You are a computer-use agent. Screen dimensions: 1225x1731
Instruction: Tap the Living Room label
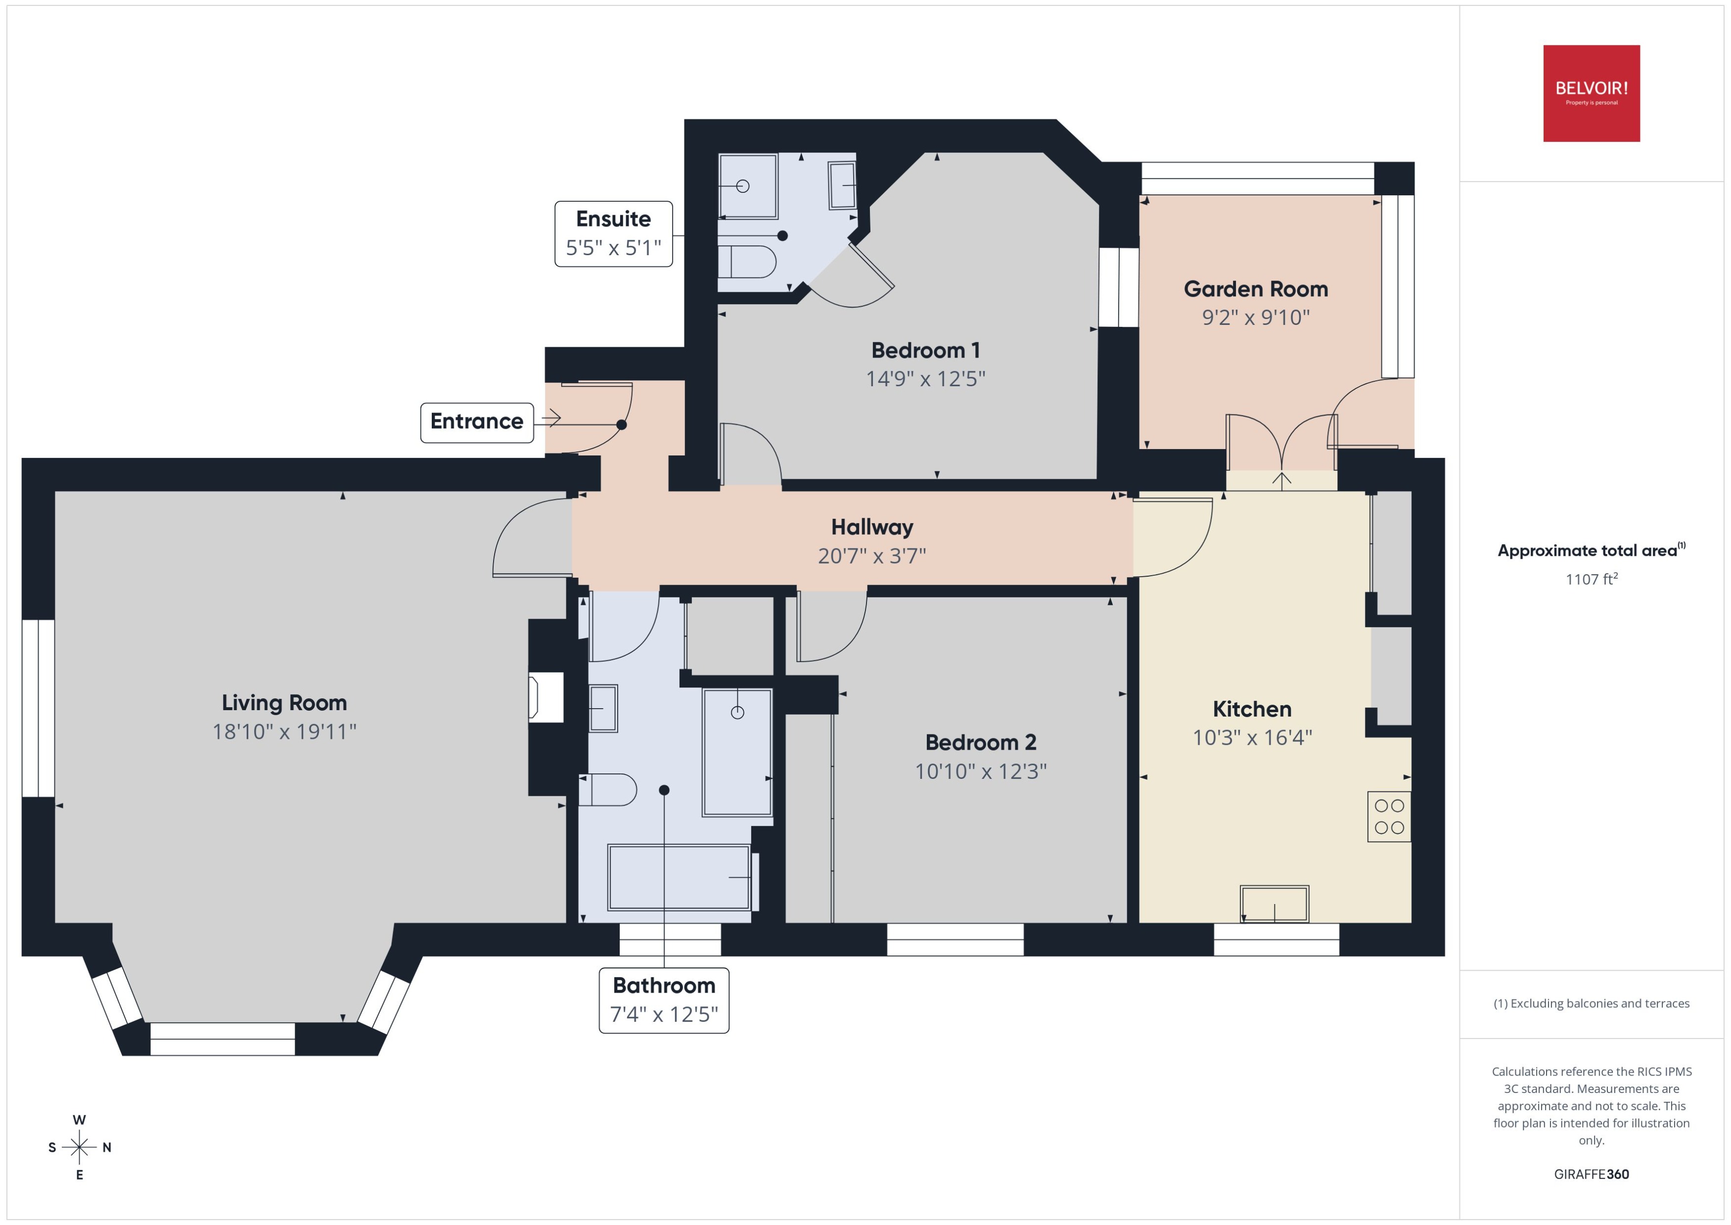(x=284, y=703)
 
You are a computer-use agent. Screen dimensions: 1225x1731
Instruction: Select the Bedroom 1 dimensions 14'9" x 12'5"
(x=925, y=379)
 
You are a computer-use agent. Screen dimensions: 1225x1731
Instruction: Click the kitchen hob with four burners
(x=1389, y=816)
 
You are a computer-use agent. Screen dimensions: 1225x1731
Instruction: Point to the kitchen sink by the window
(x=1274, y=904)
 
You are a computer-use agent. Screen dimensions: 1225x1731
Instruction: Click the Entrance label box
(x=477, y=422)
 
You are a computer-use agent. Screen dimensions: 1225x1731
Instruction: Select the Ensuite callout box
(x=613, y=233)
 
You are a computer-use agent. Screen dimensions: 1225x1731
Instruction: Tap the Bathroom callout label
(x=664, y=999)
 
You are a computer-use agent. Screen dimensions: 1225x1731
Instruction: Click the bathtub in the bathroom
(x=679, y=877)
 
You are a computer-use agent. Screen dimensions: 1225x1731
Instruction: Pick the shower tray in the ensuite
(x=747, y=185)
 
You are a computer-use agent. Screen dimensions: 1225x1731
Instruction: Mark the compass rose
(x=79, y=1147)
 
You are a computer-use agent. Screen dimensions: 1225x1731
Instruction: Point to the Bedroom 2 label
(x=981, y=743)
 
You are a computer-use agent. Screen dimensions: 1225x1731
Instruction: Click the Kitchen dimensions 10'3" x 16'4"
(x=1252, y=738)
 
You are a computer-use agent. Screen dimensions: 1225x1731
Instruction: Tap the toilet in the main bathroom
(x=609, y=790)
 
